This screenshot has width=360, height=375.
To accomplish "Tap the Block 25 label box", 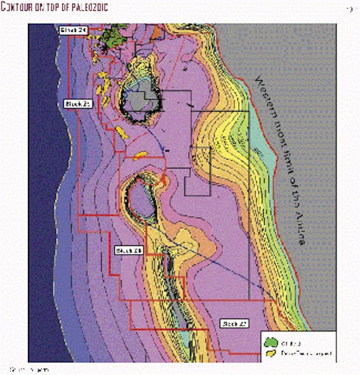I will [79, 103].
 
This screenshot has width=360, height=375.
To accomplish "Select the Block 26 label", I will [128, 251].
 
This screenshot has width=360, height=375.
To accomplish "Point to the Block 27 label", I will [234, 324].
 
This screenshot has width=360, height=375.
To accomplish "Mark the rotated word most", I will [277, 146].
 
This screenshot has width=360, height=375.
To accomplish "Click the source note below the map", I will [29, 369].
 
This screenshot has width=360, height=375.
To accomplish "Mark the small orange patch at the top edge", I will [156, 30].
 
